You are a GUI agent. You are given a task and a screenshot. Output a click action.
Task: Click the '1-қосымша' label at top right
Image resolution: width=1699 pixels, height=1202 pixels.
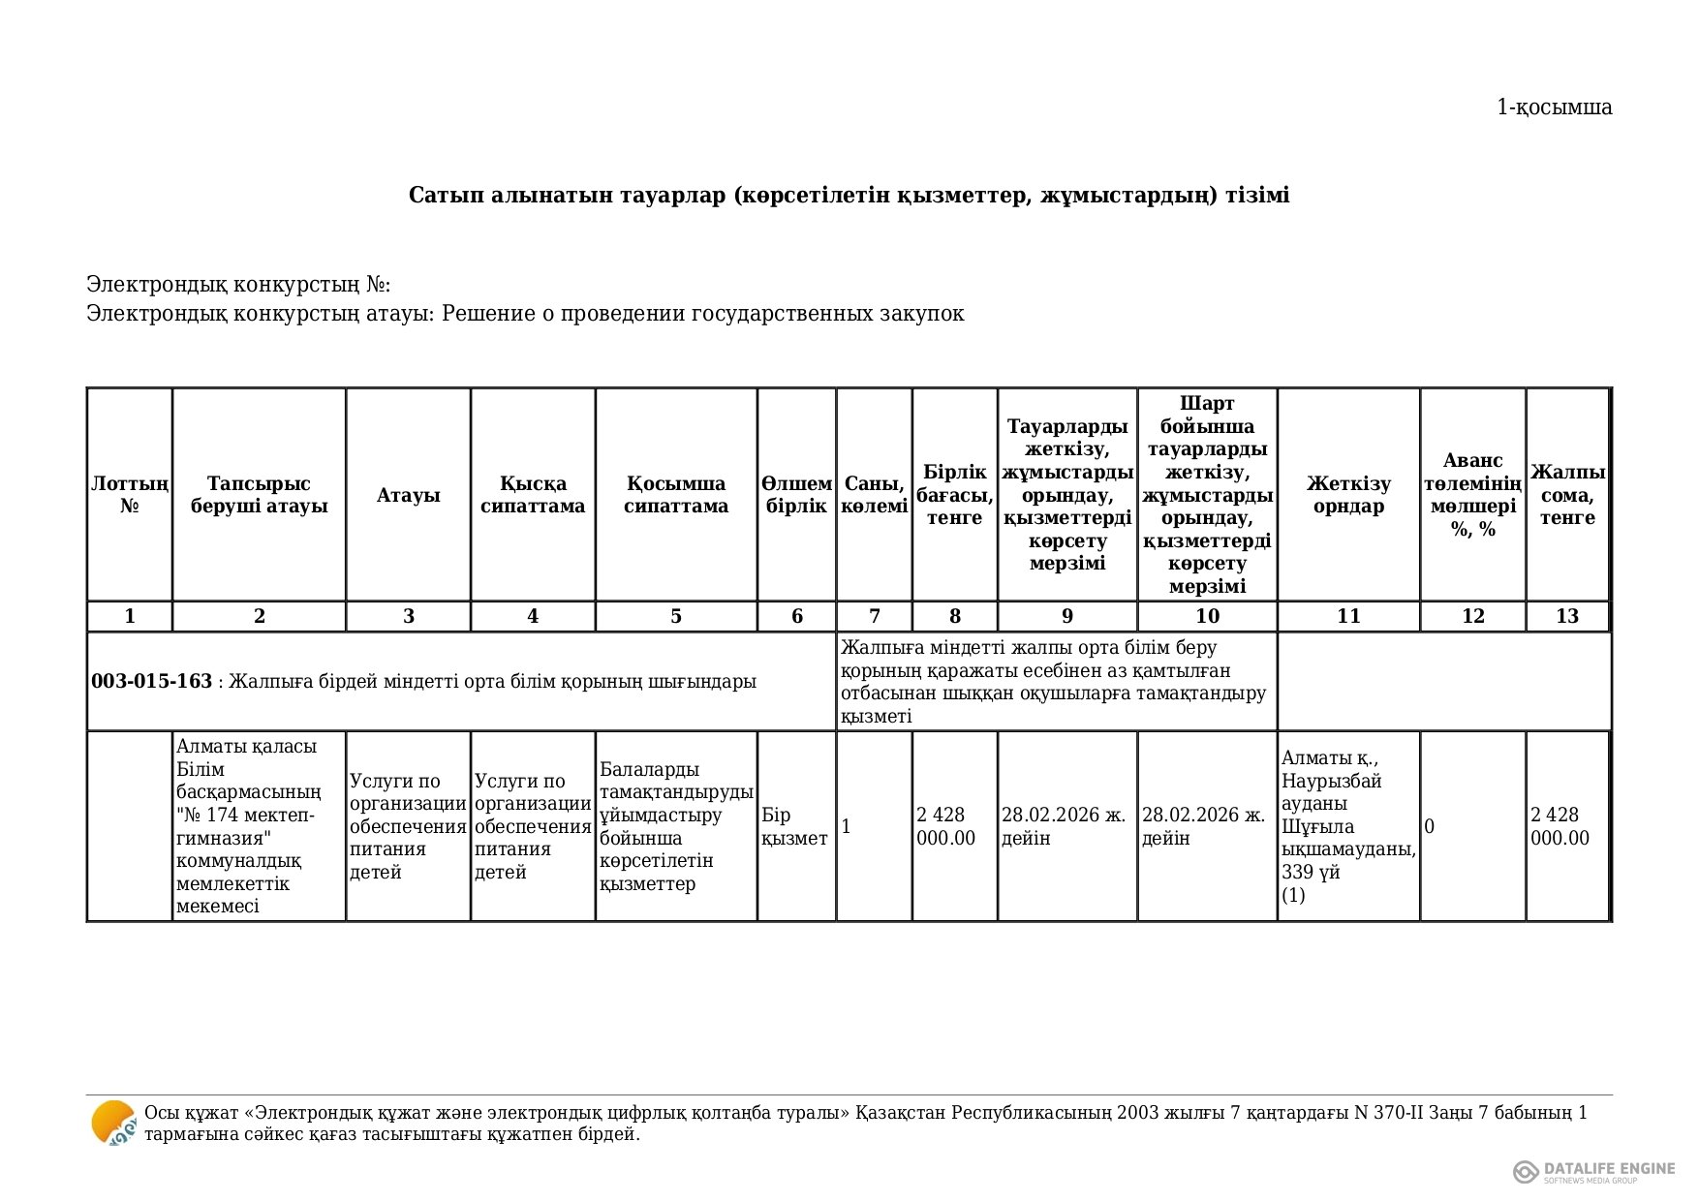coord(1554,108)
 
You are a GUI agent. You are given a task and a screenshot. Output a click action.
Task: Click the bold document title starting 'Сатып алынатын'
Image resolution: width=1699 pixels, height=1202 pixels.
coord(849,196)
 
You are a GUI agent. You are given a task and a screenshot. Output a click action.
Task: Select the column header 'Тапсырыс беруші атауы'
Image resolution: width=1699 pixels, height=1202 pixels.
coord(259,495)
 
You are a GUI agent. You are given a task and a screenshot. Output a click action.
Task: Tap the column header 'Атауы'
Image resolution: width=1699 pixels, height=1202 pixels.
coord(408,495)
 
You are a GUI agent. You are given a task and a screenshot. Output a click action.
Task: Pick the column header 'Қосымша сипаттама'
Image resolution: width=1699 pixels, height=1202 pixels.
coord(675,495)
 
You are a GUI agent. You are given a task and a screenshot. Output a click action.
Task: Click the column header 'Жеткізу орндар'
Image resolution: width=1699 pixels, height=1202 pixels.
coord(1347,495)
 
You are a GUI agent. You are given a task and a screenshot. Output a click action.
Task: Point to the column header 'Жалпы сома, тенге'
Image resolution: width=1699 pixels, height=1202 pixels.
coord(1566,495)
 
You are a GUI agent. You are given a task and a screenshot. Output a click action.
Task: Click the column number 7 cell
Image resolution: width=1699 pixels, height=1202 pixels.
coord(874,617)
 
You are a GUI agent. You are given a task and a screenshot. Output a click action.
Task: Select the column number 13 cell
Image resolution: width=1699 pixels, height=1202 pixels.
coord(1566,617)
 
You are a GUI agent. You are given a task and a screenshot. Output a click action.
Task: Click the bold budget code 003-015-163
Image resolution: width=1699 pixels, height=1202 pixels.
coord(151,682)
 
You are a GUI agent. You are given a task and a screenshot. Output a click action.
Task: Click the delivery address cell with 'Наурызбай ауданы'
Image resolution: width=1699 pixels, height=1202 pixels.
coord(1347,826)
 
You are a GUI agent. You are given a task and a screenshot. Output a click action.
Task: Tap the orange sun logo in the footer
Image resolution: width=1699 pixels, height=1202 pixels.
coord(113,1124)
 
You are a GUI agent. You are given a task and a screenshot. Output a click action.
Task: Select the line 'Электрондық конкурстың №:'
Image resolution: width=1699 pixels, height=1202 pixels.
coord(238,285)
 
